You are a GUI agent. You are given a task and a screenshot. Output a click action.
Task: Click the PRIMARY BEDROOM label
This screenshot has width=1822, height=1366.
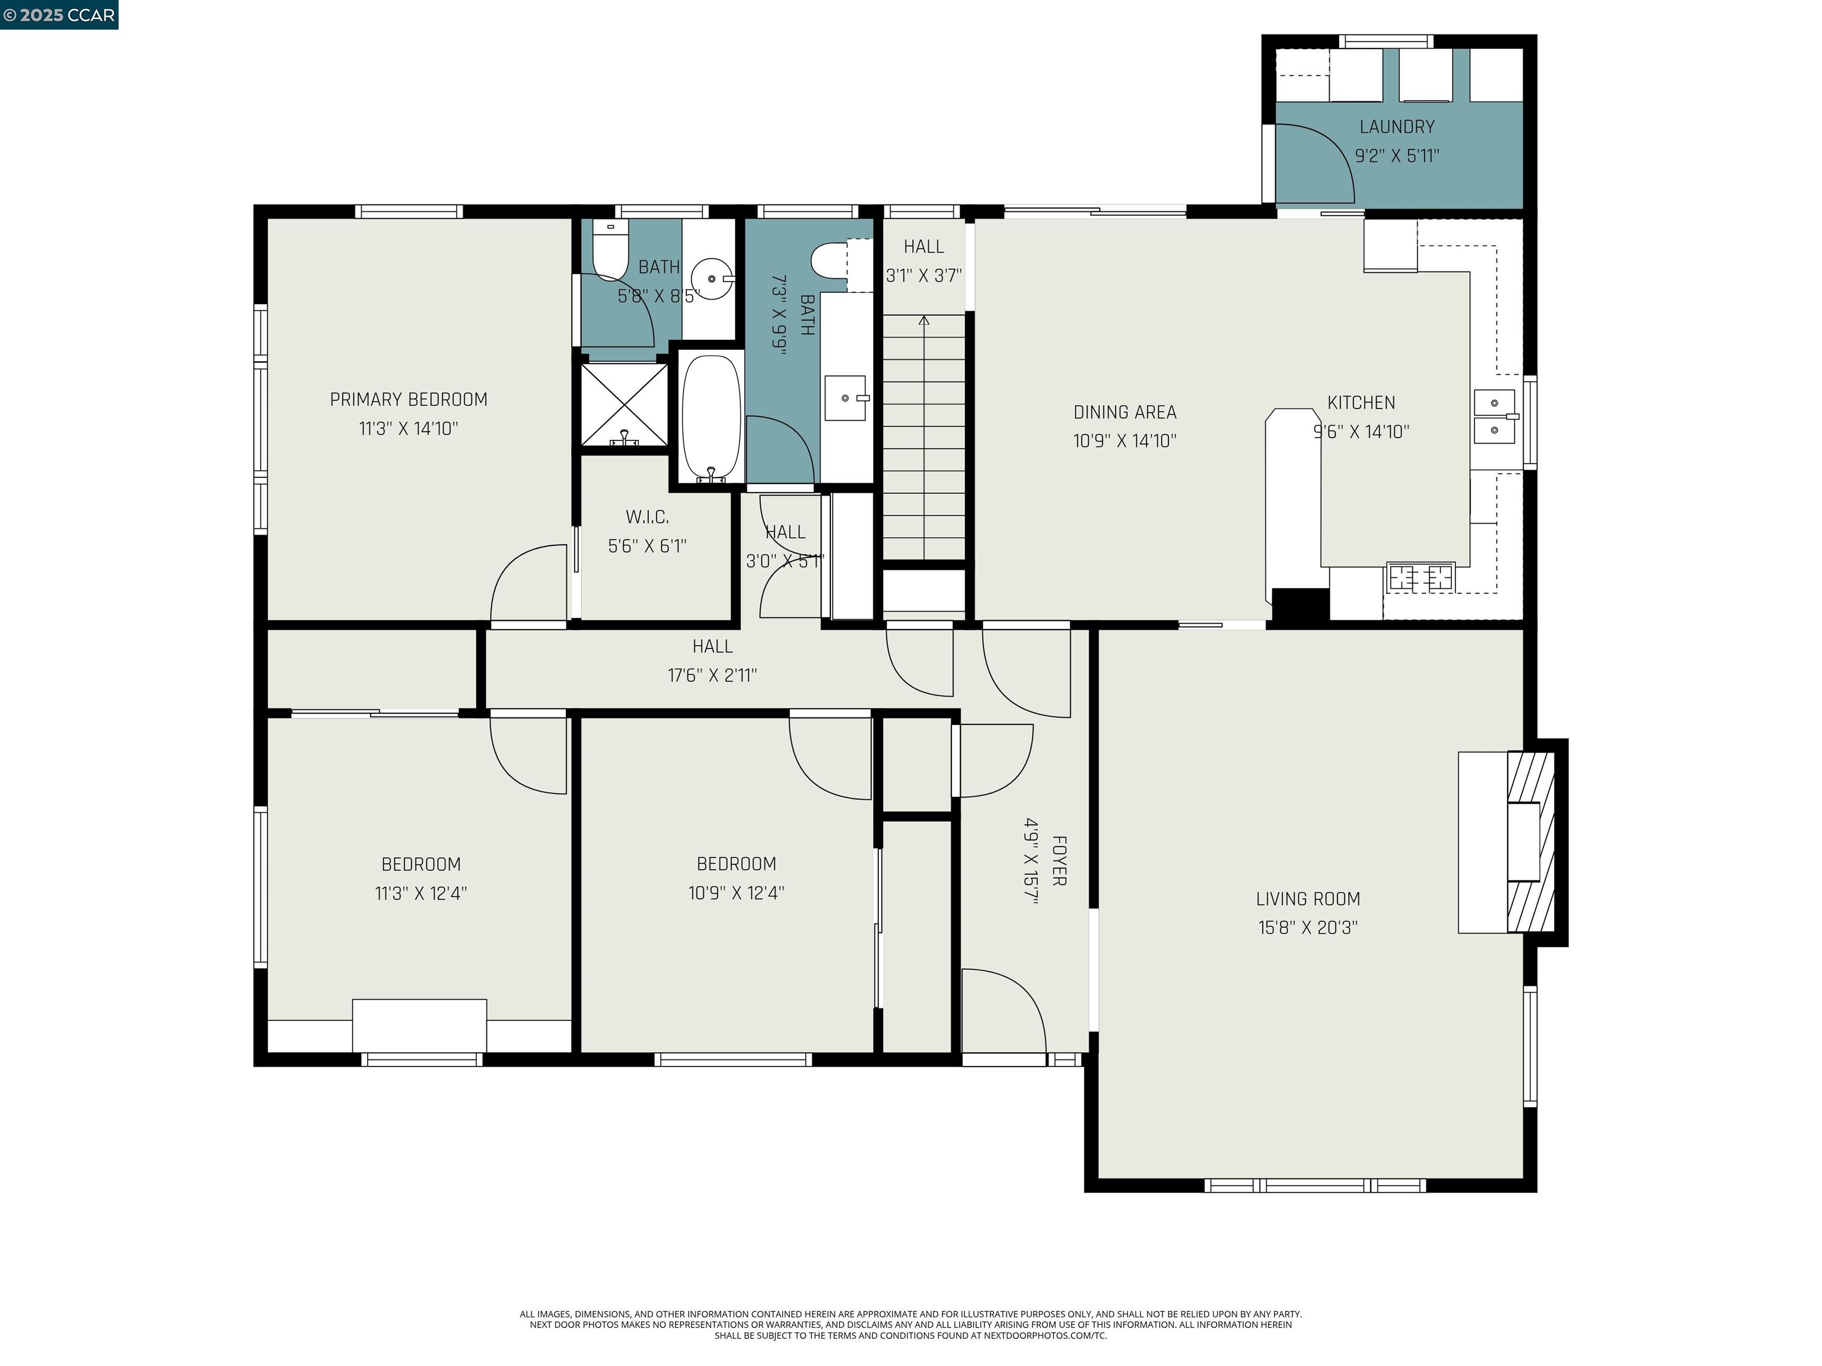[409, 400]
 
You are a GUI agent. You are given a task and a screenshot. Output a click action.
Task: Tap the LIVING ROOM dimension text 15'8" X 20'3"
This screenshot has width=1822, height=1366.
[1307, 927]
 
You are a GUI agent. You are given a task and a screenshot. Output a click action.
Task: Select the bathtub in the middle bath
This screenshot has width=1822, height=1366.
[711, 419]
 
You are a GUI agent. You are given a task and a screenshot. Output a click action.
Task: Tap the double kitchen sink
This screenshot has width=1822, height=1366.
[1494, 417]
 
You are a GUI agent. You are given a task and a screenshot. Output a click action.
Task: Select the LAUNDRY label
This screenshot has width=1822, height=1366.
[1396, 127]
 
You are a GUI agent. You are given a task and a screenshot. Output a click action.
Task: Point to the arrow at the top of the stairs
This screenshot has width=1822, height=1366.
[923, 320]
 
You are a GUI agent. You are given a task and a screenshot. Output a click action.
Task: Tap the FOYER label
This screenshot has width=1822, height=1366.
[1059, 860]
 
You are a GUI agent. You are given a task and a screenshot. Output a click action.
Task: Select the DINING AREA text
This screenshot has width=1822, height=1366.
[1125, 411]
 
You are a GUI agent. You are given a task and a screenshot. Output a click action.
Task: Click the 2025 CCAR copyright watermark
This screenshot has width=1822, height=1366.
[59, 15]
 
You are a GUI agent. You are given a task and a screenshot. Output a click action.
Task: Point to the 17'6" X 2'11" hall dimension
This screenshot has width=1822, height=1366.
[712, 675]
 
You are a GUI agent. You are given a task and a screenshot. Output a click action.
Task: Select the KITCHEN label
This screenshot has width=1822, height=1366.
[1361, 403]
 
